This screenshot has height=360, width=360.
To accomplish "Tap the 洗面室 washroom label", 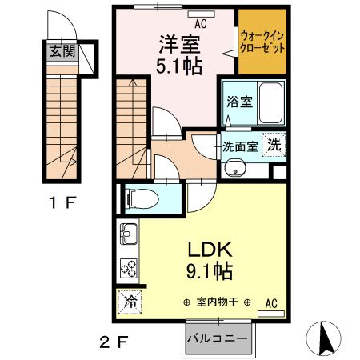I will (x=240, y=146).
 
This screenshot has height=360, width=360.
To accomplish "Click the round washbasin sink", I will (x=234, y=168).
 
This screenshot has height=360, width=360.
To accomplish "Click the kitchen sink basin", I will (x=130, y=237).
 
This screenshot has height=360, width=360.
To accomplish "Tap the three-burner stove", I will (x=129, y=267).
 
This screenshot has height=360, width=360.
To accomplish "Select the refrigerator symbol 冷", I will (x=129, y=302).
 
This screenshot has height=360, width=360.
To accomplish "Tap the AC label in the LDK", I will (x=270, y=302).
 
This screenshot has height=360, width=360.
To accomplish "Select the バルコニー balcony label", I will (x=217, y=338).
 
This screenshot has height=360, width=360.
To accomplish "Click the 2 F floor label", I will (x=113, y=344).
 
